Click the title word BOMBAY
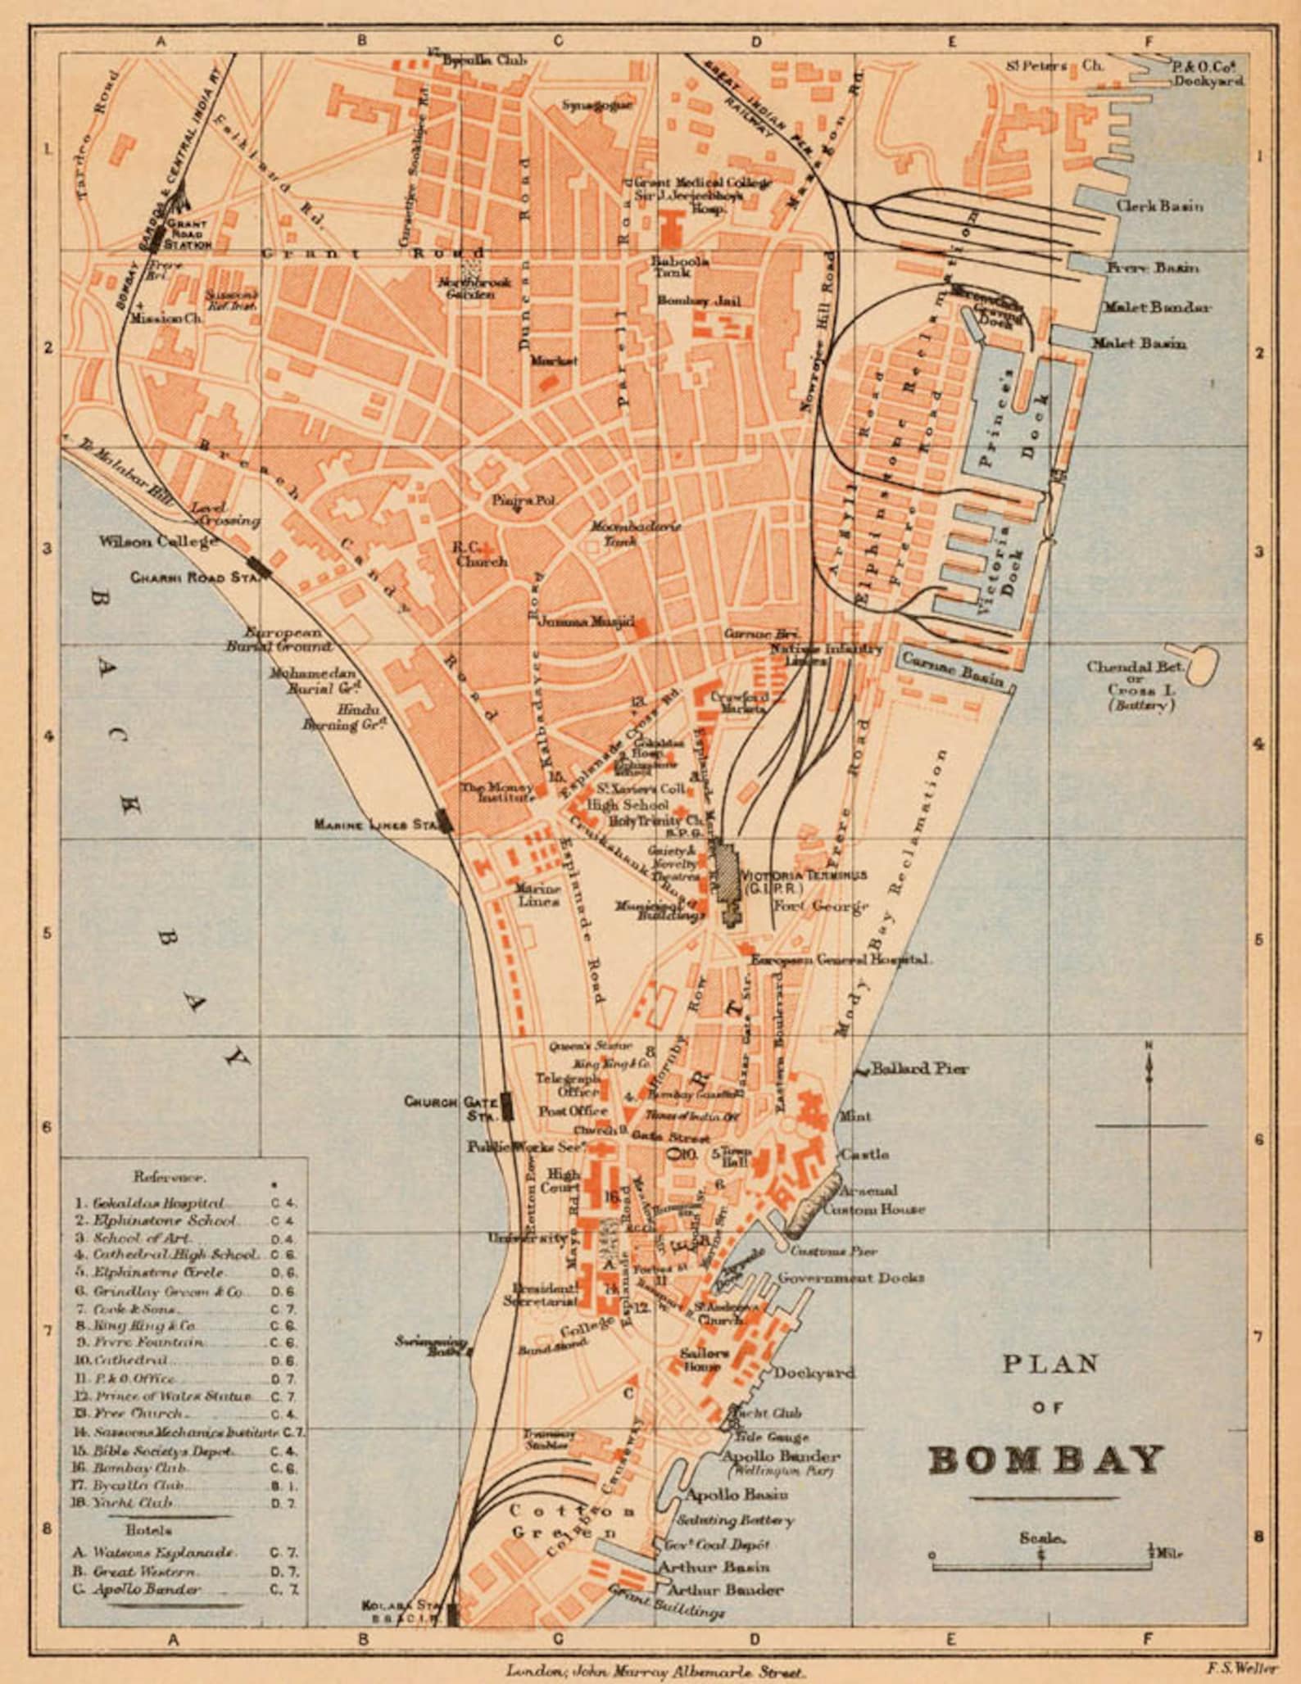tap(1046, 1460)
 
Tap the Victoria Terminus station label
tap(803, 876)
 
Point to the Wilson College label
tap(158, 541)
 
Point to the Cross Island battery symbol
tap(1201, 662)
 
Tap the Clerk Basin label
tap(1159, 206)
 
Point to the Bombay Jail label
tap(698, 301)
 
